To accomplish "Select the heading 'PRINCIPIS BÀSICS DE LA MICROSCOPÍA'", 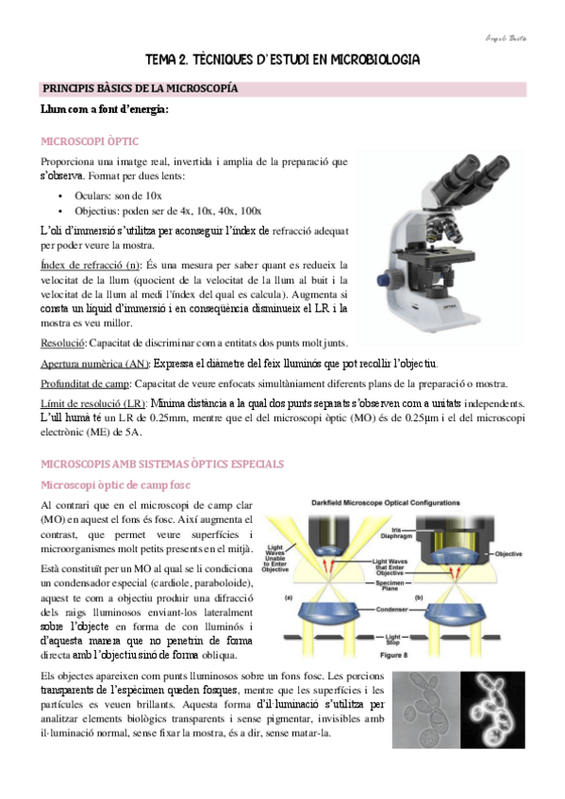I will tap(139, 89).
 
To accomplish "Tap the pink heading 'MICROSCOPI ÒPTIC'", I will tap(90, 141).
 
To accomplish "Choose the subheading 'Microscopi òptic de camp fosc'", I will tap(114, 484).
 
